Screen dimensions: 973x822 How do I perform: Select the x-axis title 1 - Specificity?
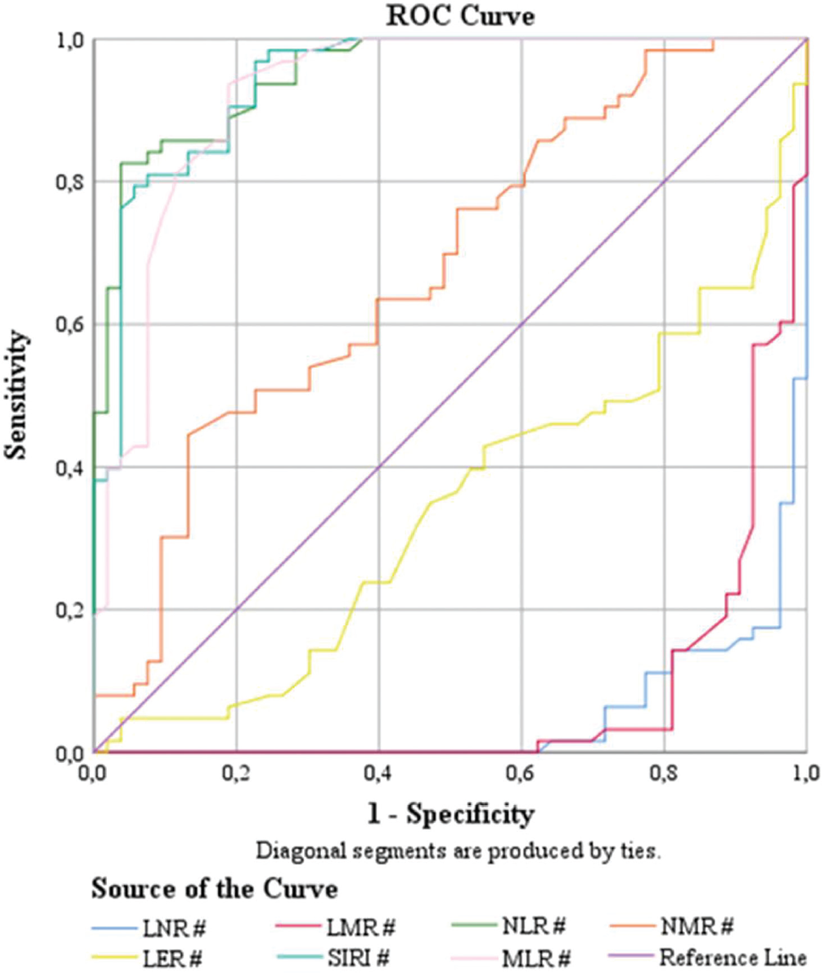point(451,814)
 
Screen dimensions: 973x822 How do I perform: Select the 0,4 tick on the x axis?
point(379,772)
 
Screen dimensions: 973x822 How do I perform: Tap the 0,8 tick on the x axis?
point(664,772)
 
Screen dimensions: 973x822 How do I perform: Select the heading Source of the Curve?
point(214,889)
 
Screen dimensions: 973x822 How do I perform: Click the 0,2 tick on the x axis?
point(237,772)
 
